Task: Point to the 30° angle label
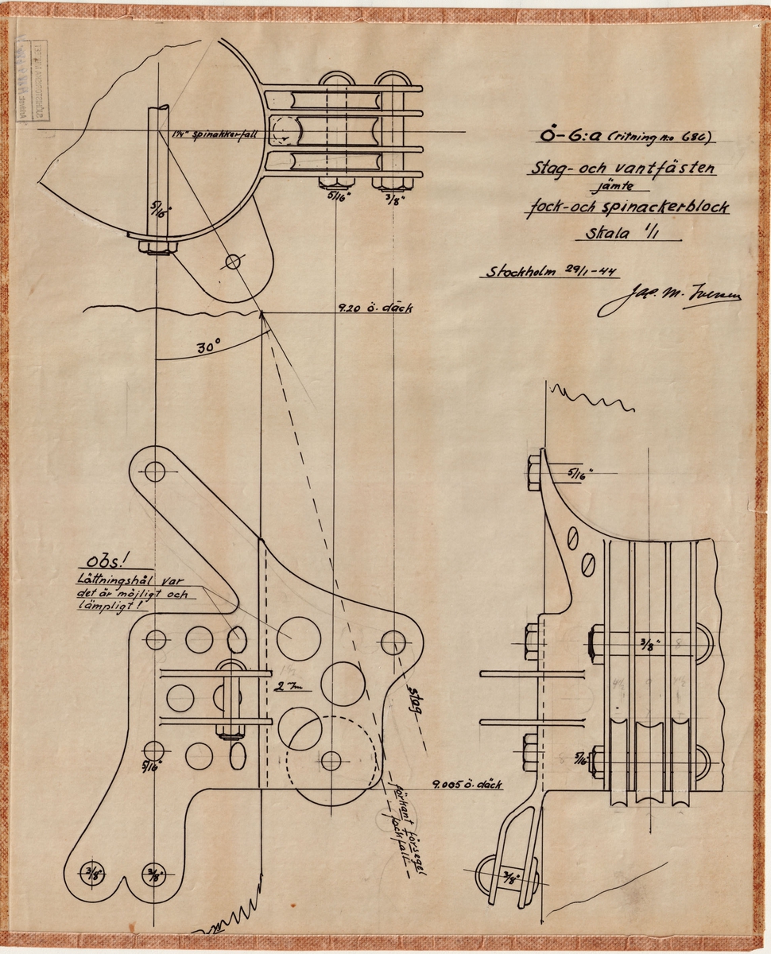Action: (x=209, y=347)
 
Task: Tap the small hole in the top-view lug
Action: (x=233, y=260)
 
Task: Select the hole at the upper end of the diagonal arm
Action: (x=155, y=471)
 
